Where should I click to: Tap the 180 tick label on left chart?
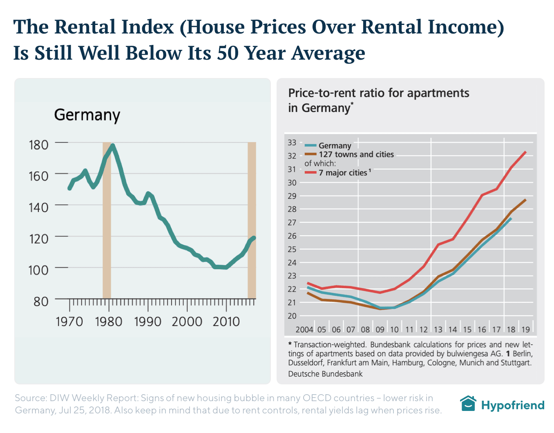[38, 145]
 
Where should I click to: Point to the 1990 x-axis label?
[147, 322]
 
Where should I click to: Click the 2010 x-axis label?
[226, 322]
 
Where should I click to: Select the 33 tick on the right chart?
[292, 143]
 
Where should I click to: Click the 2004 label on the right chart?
[304, 330]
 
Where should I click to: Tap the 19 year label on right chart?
[525, 330]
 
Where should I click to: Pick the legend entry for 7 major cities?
[343, 173]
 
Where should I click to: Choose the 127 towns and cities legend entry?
[356, 154]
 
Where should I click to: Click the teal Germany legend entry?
[335, 145]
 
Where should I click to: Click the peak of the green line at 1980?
[112, 145]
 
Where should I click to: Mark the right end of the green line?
[254, 238]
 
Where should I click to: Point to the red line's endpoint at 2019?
[525, 152]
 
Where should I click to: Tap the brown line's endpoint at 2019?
[525, 200]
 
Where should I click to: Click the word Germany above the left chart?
[87, 115]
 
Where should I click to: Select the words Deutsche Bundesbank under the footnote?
[325, 374]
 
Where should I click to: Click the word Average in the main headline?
[328, 53]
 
